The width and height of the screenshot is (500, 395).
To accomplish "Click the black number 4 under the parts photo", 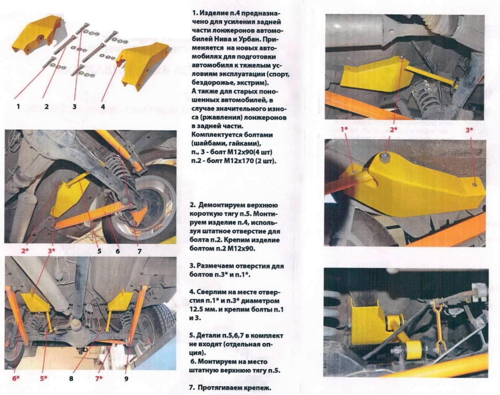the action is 102,107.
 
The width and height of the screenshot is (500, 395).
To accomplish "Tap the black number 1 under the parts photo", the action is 18,107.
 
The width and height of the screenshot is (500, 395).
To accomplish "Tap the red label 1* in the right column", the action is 344,130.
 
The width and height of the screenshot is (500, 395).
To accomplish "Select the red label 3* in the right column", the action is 469,130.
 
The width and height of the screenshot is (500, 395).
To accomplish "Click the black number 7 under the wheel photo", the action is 140,251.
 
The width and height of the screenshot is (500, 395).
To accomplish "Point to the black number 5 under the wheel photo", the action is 100,251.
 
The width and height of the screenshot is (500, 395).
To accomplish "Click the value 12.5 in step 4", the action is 198,310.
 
